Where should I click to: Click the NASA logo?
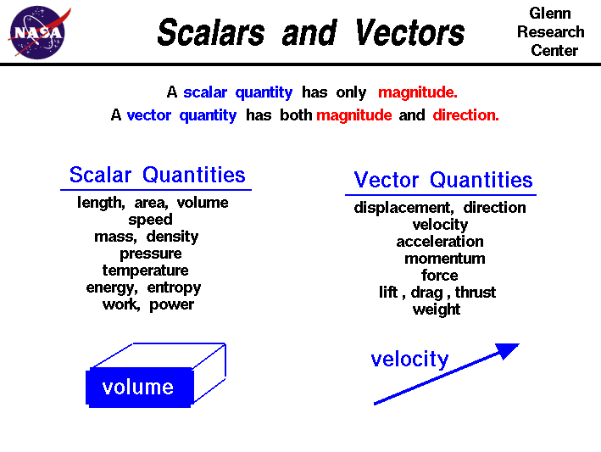(36, 32)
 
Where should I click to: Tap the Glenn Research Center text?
(550, 32)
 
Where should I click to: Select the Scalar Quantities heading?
(157, 176)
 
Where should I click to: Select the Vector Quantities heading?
(442, 181)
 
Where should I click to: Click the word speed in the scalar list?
(150, 220)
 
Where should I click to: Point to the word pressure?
(150, 254)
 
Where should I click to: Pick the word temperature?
(145, 271)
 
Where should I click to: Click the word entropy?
(174, 287)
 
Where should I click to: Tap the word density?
(172, 237)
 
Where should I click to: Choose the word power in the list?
(171, 304)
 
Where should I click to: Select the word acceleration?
(440, 242)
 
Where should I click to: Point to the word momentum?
(444, 259)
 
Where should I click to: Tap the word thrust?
(476, 293)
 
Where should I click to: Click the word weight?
(437, 310)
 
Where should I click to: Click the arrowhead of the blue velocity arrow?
(507, 349)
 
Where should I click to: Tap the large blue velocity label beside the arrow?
(409, 360)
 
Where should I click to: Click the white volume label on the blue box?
(137, 388)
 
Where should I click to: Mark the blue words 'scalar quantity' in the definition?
(237, 92)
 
